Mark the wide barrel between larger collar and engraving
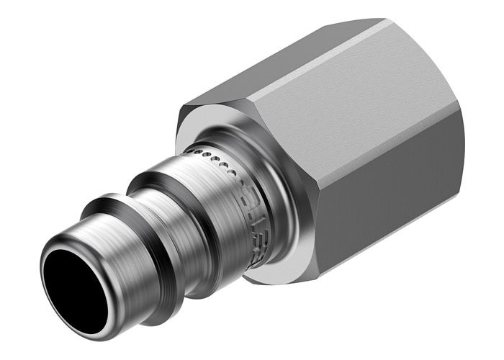pyautogui.click(x=216, y=209)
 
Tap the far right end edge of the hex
pyautogui.click(x=462, y=144)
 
